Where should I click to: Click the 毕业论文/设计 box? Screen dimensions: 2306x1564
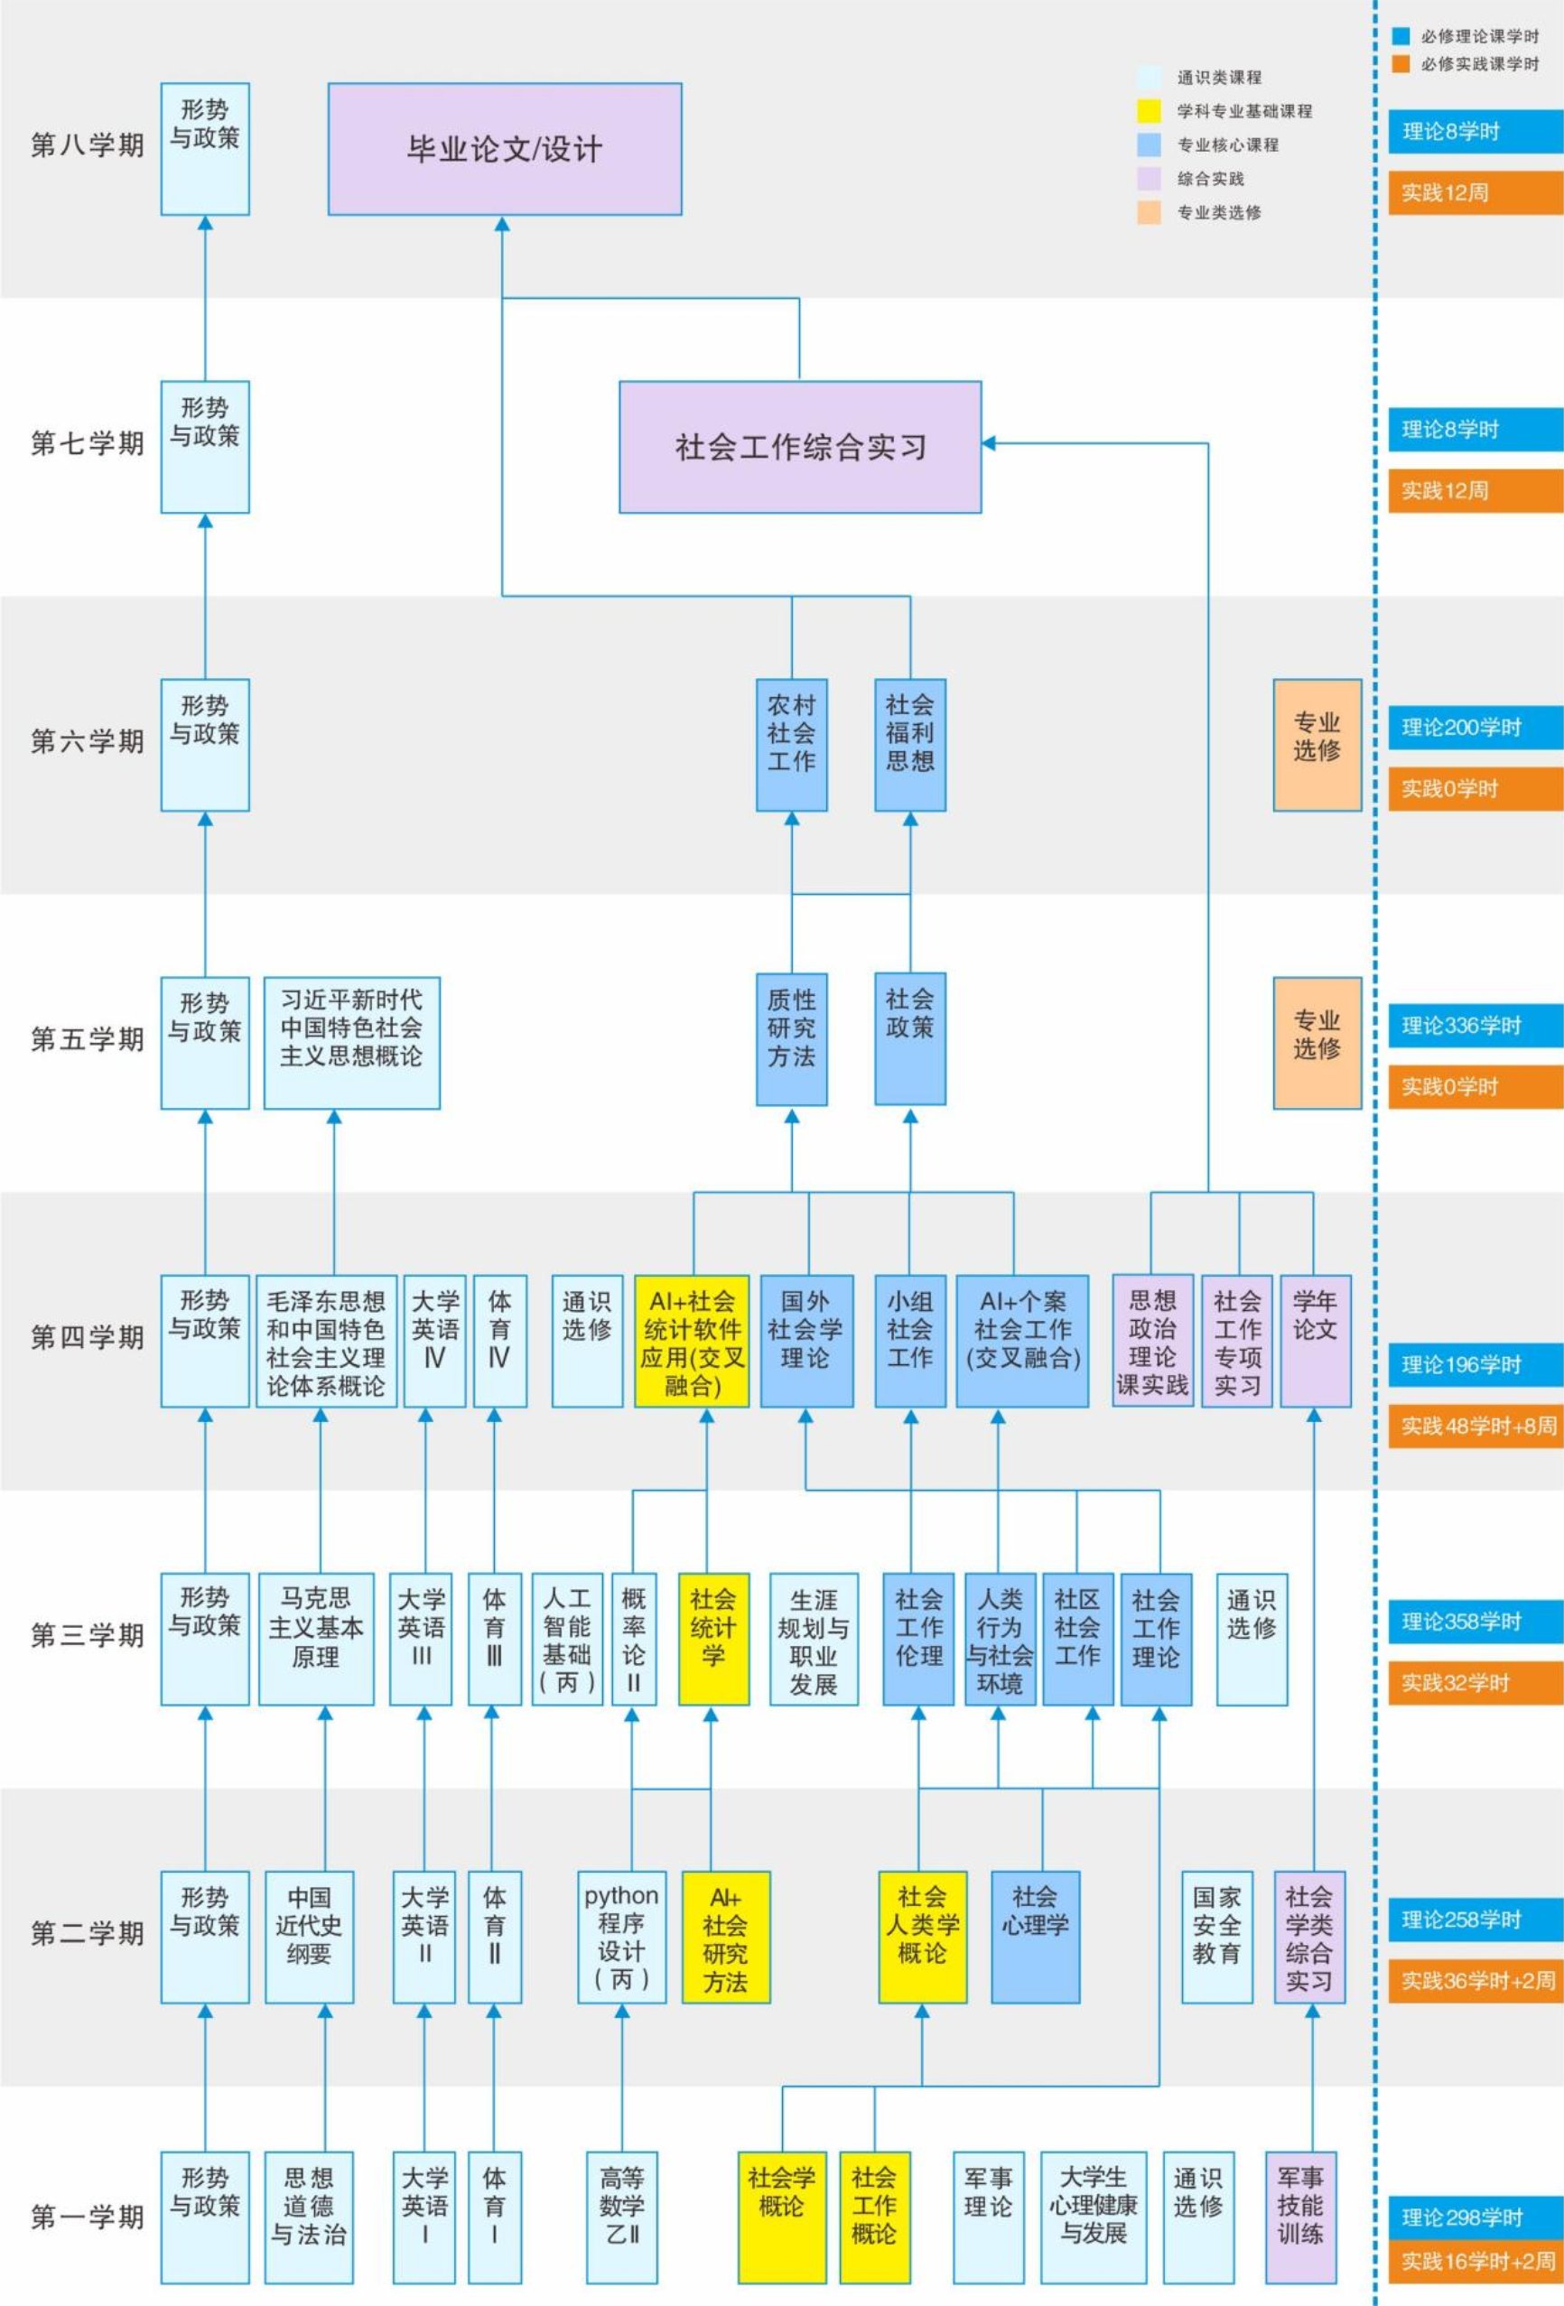tap(504, 149)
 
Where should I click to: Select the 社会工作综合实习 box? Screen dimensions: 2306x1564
tap(800, 447)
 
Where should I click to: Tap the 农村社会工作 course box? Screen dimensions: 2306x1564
tap(791, 744)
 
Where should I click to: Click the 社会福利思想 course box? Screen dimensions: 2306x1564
tap(909, 744)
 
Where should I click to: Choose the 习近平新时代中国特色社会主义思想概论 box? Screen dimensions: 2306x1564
tap(351, 1042)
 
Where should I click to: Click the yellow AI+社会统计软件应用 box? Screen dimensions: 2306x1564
tap(692, 1341)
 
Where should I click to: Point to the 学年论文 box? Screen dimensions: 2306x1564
tap(1315, 1341)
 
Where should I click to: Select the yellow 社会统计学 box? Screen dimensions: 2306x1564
tap(712, 1638)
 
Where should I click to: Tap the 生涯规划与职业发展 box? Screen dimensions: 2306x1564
tap(813, 1638)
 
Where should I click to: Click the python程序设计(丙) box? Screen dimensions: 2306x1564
tap(621, 1937)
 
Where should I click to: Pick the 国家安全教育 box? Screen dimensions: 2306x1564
tap(1215, 1937)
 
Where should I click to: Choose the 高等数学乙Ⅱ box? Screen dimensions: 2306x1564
tap(621, 2217)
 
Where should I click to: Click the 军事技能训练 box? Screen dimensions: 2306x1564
tap(1300, 2217)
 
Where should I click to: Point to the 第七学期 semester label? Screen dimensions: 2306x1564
tap(88, 443)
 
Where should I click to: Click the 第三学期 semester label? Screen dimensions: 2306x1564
tap(88, 1635)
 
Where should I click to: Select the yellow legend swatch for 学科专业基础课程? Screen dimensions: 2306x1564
tap(1149, 111)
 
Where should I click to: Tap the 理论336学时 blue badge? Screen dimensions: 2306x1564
tap(1475, 1026)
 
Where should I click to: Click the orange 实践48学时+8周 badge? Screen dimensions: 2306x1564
tap(1475, 1426)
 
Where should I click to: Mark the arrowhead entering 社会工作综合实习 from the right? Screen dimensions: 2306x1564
tap(990, 443)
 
